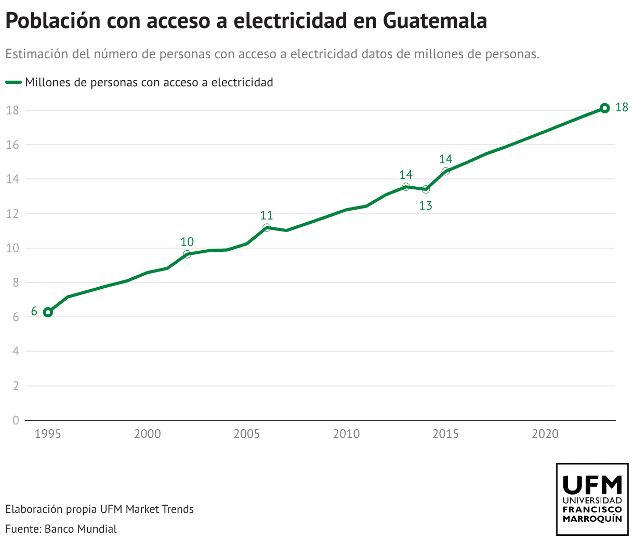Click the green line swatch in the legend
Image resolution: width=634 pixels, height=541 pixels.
(x=14, y=82)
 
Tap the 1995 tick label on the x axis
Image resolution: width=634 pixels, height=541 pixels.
(x=48, y=434)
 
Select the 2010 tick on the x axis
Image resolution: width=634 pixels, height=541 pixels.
(x=346, y=434)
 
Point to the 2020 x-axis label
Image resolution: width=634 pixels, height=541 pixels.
(x=545, y=434)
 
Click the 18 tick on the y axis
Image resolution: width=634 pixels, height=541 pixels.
(x=12, y=110)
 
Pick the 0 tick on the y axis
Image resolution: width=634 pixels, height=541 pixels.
(x=16, y=420)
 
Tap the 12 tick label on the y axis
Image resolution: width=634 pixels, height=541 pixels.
(x=12, y=214)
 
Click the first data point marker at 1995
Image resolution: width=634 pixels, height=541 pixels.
(x=48, y=312)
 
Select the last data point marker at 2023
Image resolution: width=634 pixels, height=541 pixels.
(x=604, y=108)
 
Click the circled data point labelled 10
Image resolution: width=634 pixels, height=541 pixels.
(x=187, y=254)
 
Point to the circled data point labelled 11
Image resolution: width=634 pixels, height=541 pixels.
(x=267, y=227)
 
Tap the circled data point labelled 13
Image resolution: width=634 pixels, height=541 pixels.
(x=426, y=189)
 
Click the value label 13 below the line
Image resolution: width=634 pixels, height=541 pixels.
(x=426, y=206)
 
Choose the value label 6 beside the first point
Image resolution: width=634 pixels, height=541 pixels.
(x=34, y=312)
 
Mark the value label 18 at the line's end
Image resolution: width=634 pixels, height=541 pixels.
(x=622, y=108)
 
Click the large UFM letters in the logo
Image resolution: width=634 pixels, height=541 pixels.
(x=592, y=485)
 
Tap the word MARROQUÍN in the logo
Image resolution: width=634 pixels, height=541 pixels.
(x=592, y=519)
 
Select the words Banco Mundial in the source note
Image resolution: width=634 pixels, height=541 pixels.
(x=81, y=529)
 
